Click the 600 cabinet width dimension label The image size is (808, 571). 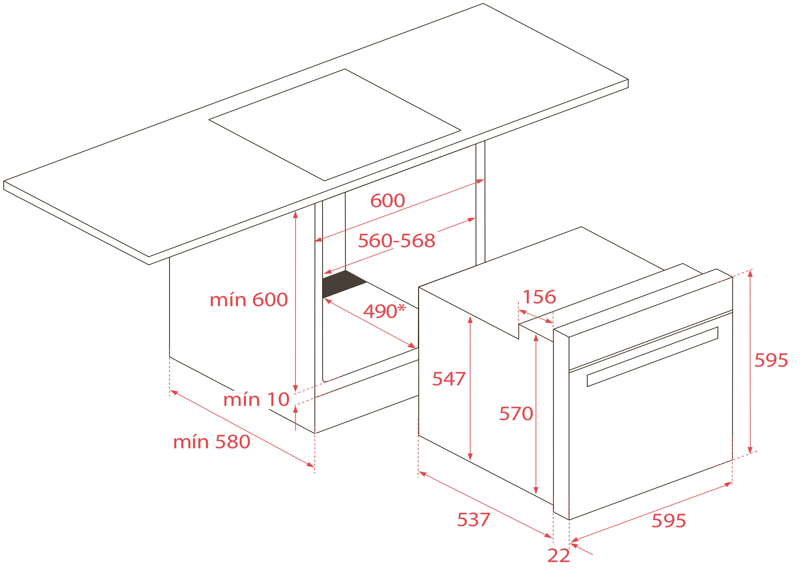pos(387,201)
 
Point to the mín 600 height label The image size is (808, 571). pos(249,300)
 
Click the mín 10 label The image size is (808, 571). pos(256,400)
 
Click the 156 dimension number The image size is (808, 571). pos(539,297)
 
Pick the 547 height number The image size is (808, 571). pos(449,379)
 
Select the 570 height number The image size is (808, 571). pos(516,413)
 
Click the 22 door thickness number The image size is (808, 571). pos(559,556)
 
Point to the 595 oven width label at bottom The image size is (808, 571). pos(669,521)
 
